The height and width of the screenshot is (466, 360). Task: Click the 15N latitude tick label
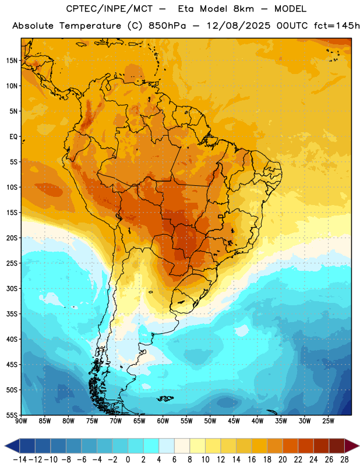(x=12, y=61)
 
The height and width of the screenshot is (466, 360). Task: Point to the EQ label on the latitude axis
(x=13, y=137)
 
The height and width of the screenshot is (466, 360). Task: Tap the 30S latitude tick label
(x=12, y=288)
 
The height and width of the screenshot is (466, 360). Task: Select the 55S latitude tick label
(x=12, y=415)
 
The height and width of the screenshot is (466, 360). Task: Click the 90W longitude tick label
(x=21, y=421)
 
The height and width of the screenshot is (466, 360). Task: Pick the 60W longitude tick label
(x=163, y=421)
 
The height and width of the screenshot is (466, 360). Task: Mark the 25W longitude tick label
(x=328, y=421)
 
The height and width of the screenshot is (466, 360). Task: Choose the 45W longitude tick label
(x=234, y=421)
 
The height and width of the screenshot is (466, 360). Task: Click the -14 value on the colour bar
(x=20, y=460)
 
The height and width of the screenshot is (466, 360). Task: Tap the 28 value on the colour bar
(x=344, y=460)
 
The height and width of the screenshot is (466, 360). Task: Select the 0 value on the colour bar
(x=128, y=460)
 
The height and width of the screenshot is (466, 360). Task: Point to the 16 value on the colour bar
(x=252, y=460)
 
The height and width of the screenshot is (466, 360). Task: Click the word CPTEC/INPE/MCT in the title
(x=110, y=9)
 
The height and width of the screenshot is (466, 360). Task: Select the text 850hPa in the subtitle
(x=167, y=26)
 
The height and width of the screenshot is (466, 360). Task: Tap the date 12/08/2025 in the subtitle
(x=239, y=26)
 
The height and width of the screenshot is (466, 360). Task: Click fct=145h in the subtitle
(x=337, y=26)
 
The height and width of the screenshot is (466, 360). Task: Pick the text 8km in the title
(x=243, y=9)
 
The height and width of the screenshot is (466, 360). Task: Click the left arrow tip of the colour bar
(x=5, y=446)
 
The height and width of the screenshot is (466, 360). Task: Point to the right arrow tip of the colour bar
(x=359, y=446)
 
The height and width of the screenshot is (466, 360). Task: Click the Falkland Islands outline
(x=165, y=398)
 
